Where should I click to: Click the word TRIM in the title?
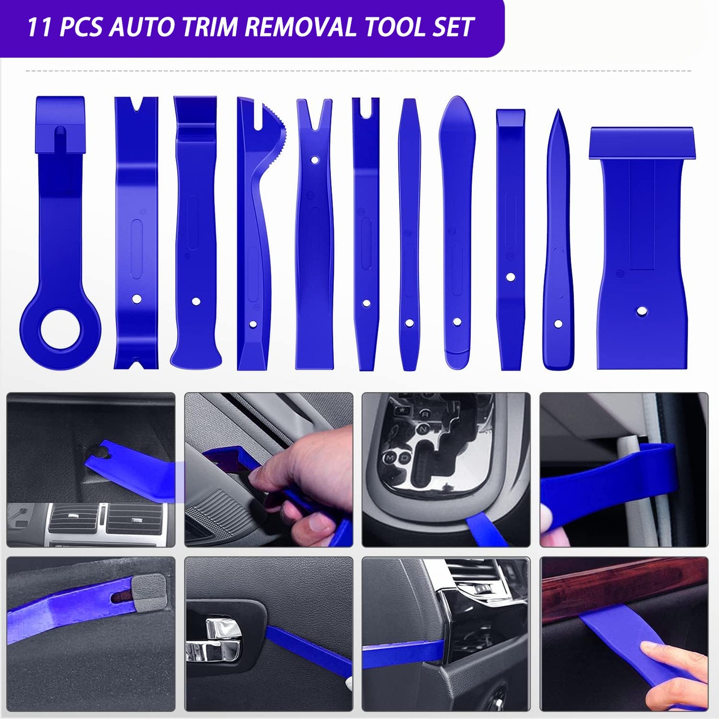(210, 27)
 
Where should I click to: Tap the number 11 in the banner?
(39, 27)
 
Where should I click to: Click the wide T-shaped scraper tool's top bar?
(642, 143)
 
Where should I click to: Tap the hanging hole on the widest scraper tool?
(642, 312)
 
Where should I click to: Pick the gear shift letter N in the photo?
(423, 428)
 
